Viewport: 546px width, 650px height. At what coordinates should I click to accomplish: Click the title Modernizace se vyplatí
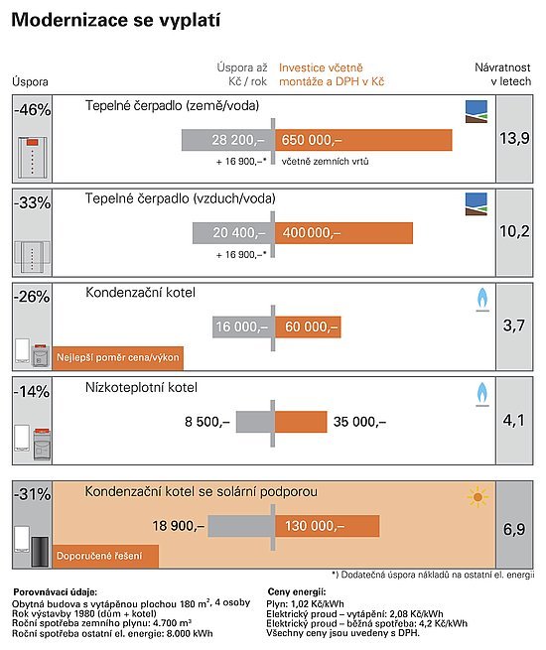[x=116, y=20]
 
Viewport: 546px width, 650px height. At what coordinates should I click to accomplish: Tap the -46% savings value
[x=33, y=110]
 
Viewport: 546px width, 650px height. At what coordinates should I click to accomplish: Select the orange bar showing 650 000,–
[x=363, y=140]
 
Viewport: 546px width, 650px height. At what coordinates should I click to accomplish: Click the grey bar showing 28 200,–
[x=227, y=140]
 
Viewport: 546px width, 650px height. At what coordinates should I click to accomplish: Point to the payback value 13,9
[x=514, y=138]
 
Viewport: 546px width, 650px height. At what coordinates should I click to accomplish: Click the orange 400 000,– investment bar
[x=343, y=233]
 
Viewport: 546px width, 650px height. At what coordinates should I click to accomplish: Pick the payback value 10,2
[x=514, y=231]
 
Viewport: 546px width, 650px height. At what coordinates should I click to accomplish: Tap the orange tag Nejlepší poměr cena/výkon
[x=118, y=358]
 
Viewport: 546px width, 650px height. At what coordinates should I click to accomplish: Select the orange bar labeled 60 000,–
[x=308, y=327]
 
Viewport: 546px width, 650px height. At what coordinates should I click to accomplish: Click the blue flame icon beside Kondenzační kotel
[x=482, y=299]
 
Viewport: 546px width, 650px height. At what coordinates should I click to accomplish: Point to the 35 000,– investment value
[x=359, y=422]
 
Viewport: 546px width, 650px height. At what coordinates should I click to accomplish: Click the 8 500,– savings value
[x=206, y=422]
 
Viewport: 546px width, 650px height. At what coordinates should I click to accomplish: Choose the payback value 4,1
[x=514, y=421]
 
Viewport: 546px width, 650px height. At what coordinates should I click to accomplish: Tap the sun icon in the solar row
[x=478, y=497]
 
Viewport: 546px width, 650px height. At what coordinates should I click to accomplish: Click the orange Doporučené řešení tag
[x=105, y=556]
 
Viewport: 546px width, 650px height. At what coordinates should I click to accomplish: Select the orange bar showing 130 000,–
[x=327, y=526]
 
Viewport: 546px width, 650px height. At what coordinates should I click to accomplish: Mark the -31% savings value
[x=33, y=494]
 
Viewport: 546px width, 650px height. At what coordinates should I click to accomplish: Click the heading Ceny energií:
[x=297, y=591]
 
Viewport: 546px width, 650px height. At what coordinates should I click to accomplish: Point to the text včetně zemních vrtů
[x=325, y=161]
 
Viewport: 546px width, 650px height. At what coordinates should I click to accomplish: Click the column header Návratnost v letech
[x=502, y=74]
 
